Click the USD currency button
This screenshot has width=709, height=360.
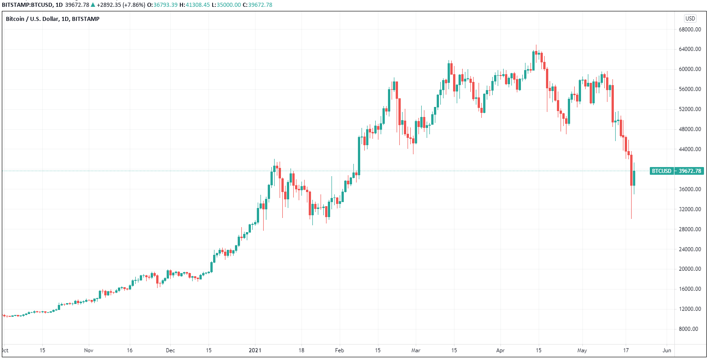point(690,19)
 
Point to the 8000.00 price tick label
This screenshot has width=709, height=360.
point(689,329)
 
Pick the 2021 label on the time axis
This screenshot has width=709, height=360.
point(255,351)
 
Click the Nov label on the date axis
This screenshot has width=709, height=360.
point(89,351)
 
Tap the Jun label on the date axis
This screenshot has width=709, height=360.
point(667,351)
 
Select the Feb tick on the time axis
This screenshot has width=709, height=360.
point(339,351)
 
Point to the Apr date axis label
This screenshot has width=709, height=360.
point(500,351)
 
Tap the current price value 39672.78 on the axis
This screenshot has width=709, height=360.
point(690,171)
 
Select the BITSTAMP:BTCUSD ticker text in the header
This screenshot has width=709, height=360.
point(25,5)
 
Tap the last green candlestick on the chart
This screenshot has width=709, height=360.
point(634,178)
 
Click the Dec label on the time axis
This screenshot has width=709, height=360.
point(170,351)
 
